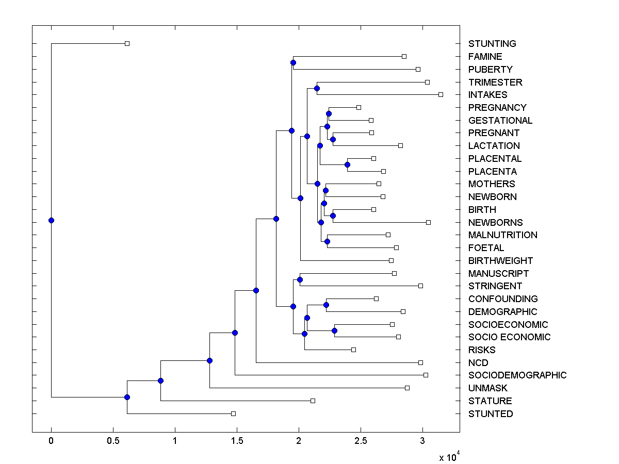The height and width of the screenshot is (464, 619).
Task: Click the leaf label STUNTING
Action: coord(492,44)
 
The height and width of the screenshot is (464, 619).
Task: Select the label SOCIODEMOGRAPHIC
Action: coord(517,375)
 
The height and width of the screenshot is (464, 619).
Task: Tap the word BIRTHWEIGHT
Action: coord(500,261)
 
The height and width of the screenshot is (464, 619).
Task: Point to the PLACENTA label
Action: coord(492,172)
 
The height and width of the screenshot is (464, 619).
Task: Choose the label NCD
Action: coord(478,362)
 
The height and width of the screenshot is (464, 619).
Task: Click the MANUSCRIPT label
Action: coord(498,273)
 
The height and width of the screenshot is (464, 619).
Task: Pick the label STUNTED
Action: coord(491,413)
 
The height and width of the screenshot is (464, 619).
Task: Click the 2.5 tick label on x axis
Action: coord(361,441)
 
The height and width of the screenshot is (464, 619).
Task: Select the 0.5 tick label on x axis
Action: coord(113,441)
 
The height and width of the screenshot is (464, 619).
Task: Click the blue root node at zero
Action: coord(51,221)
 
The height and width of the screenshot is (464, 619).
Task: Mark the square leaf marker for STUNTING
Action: coord(127,43)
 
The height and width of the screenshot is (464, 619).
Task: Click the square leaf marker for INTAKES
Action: coord(441,94)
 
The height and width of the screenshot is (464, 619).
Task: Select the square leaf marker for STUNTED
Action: coord(233,413)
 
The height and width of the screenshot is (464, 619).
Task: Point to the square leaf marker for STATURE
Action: coord(313,401)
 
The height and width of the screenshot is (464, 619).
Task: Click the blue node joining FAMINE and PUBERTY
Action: coord(293,63)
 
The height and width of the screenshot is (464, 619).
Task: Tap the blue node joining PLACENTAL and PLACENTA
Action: coord(347,165)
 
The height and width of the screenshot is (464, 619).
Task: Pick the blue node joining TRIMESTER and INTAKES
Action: coord(317,88)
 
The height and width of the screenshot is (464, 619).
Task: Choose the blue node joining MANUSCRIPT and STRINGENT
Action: coord(300,279)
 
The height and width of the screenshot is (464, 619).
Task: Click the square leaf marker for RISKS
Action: coord(353,350)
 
